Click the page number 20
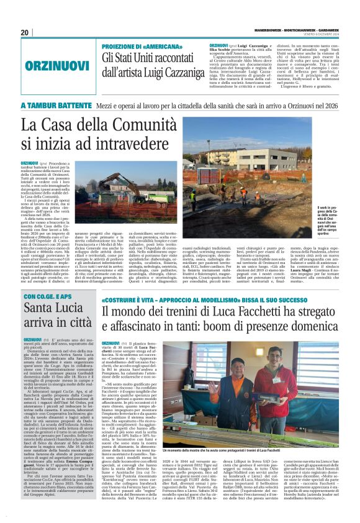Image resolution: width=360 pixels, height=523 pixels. (25, 32)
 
